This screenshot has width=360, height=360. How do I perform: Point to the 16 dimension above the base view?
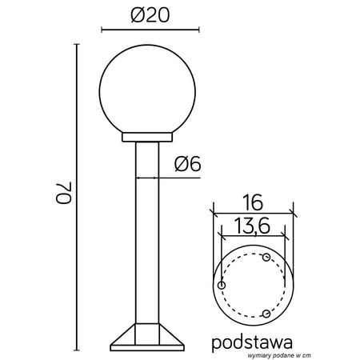[x=254, y=199]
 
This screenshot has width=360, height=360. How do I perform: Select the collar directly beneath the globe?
[x=147, y=138]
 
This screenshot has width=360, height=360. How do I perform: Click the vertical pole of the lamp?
[x=147, y=232]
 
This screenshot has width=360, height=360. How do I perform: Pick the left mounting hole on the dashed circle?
[x=222, y=286]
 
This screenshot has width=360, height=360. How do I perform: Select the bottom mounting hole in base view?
[x=266, y=313]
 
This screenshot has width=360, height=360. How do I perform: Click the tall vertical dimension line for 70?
[x=78, y=196]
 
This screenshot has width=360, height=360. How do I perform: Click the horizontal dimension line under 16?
[x=254, y=212]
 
